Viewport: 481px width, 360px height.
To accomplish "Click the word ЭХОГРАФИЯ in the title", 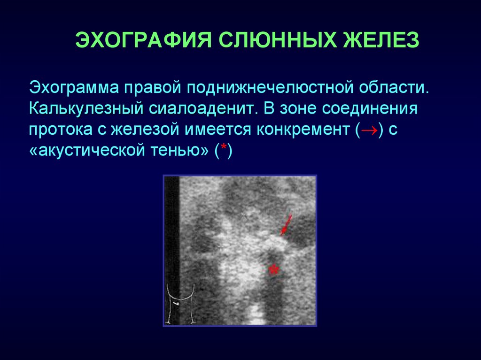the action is point(144,40).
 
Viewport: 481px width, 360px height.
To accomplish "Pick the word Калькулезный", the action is point(86,108).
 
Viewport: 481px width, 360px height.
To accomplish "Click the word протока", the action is point(61,130).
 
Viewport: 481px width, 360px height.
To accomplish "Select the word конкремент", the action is point(303,130).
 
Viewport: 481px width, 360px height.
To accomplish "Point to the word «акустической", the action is point(86,151).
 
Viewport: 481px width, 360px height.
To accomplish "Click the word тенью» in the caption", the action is point(179,151).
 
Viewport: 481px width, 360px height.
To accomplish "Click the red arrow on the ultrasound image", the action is point(286,225).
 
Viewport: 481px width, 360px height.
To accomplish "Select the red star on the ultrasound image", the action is point(273,270).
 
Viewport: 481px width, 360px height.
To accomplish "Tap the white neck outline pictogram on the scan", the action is point(181,304).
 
